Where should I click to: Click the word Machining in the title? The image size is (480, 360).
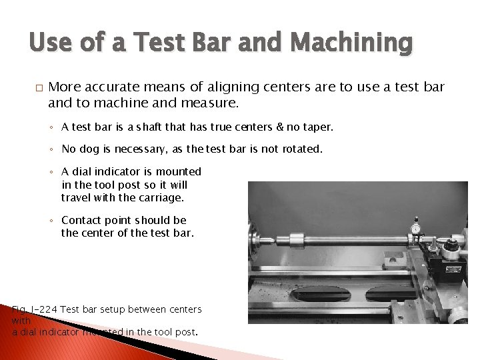pyautogui.click(x=352, y=45)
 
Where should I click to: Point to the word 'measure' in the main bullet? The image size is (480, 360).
pyautogui.click(x=213, y=103)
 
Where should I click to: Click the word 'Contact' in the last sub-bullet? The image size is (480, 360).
pyautogui.click(x=81, y=220)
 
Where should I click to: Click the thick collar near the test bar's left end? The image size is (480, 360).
pyautogui.click(x=295, y=237)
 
